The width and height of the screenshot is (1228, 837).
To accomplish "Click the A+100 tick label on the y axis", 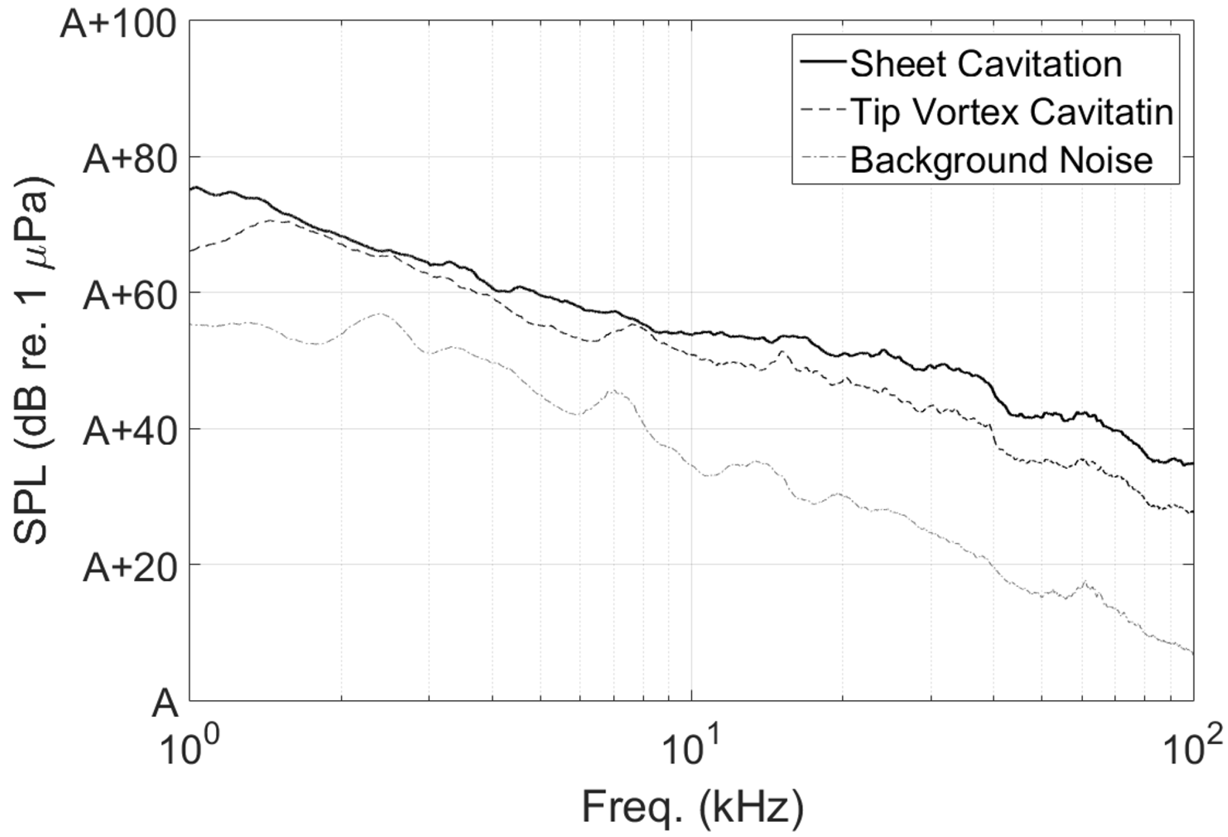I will pos(117,25).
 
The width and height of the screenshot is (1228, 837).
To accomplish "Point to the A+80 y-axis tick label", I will pos(129,160).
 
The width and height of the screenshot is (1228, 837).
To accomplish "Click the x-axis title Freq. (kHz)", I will pos(693,807).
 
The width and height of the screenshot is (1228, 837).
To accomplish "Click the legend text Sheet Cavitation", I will pos(986,64).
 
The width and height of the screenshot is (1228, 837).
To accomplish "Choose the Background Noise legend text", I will pos(1001,160).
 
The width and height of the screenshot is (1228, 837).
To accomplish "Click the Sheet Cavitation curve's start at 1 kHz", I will pos(191,188).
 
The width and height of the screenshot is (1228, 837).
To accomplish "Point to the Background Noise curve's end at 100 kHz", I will pos(1193,654).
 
